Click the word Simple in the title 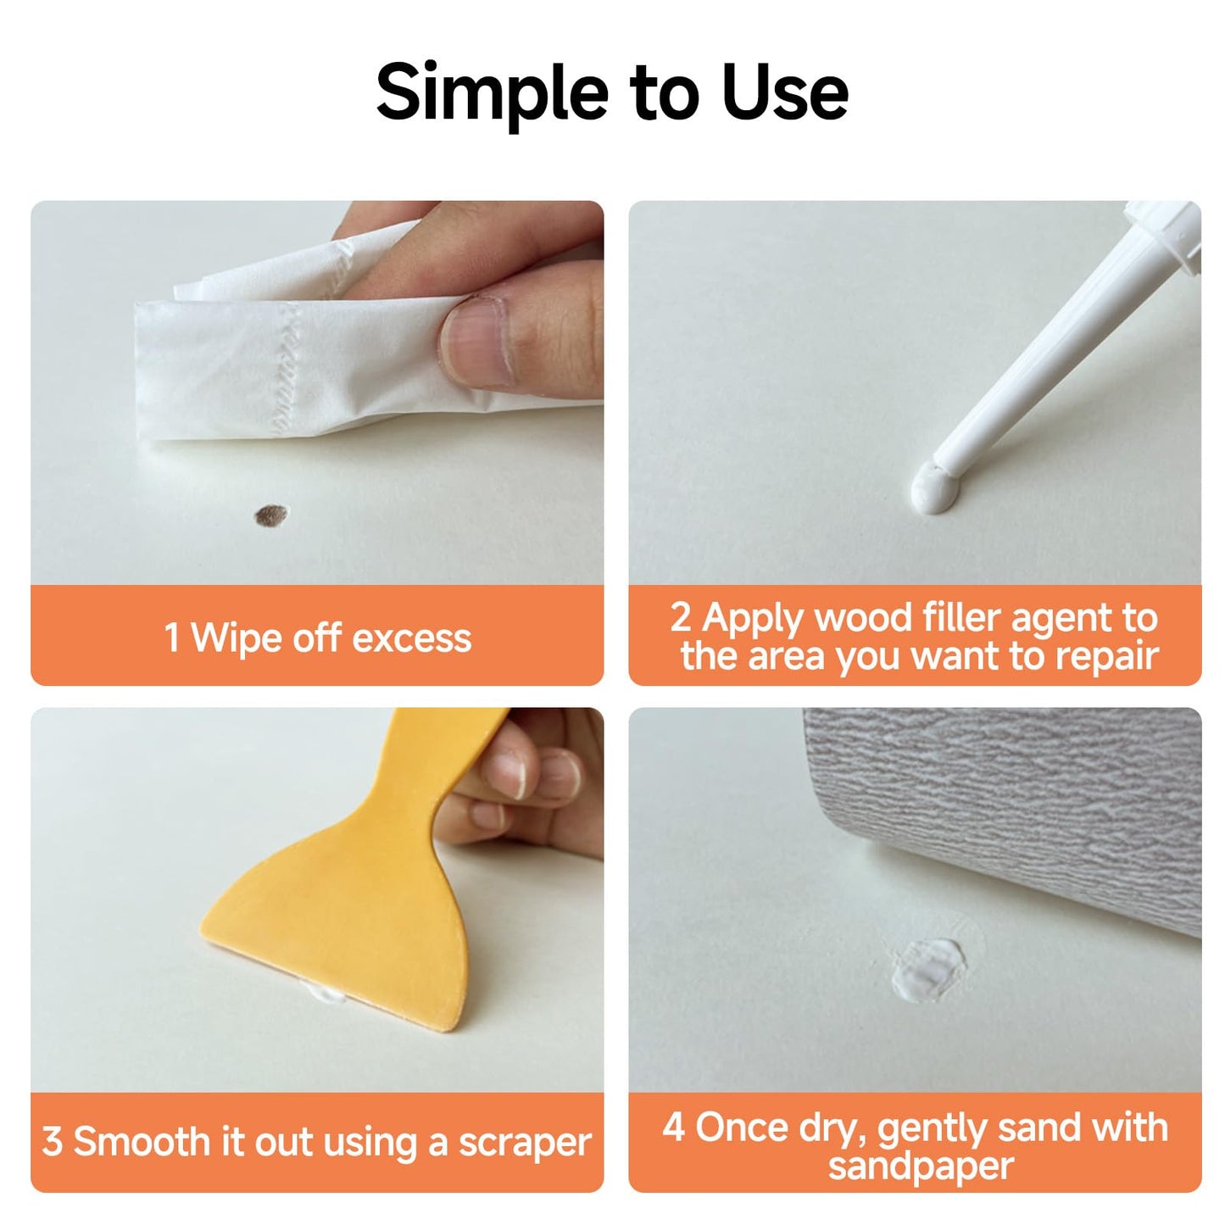tap(492, 92)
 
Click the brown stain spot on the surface tap(271, 515)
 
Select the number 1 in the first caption tap(172, 638)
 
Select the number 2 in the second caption tap(681, 617)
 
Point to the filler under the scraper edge tap(327, 993)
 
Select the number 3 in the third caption tap(52, 1141)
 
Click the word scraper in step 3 tap(525, 1143)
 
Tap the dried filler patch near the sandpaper tap(927, 970)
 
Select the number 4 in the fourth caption tap(674, 1128)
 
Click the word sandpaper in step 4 tap(921, 1167)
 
